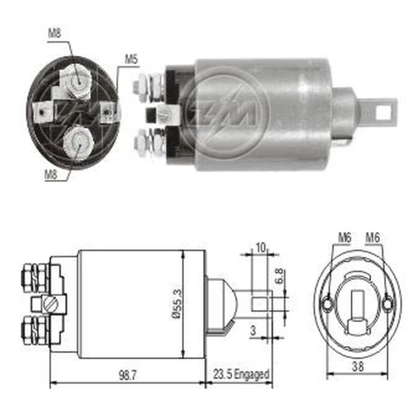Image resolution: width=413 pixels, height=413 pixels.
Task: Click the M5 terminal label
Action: coord(131,59)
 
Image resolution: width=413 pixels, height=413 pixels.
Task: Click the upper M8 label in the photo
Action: coord(55,33)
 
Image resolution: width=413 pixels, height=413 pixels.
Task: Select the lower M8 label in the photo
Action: coord(51,174)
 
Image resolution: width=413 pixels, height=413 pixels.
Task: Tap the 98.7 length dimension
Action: coord(128,375)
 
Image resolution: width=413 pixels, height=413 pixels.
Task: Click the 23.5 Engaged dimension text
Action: coord(241,374)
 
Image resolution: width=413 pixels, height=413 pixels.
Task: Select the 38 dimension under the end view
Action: coord(357,366)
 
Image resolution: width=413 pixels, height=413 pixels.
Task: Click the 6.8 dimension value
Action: coord(279,276)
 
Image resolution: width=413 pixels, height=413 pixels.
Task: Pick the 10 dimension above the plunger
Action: coord(261,248)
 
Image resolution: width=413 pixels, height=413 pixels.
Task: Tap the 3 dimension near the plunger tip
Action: coord(253,330)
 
